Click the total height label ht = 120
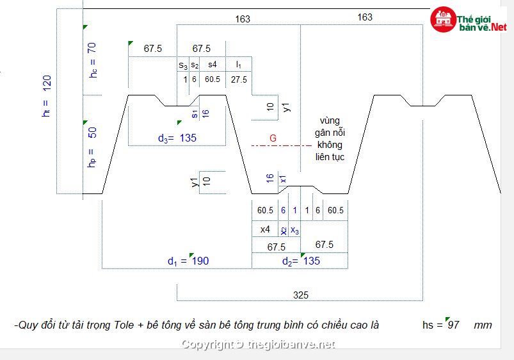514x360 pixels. (47, 96)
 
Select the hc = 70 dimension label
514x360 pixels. (92, 60)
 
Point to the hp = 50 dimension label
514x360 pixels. (92, 147)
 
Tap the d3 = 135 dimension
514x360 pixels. (177, 138)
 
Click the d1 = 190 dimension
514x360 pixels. (188, 261)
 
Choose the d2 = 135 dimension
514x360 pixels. (301, 261)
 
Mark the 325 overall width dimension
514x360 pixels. (301, 295)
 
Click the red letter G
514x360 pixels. (273, 138)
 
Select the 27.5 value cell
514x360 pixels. (239, 79)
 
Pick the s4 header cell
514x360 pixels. (213, 64)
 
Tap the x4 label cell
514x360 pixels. (265, 229)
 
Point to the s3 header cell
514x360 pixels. (183, 65)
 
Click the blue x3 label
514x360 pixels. (294, 230)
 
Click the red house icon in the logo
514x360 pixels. (443, 19)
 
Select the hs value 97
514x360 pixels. (453, 325)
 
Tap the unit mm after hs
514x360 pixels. (483, 325)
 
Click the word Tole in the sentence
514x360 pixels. (124, 325)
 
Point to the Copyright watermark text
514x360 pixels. (259, 345)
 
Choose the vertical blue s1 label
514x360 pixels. (195, 114)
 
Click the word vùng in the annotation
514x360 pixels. (330, 121)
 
